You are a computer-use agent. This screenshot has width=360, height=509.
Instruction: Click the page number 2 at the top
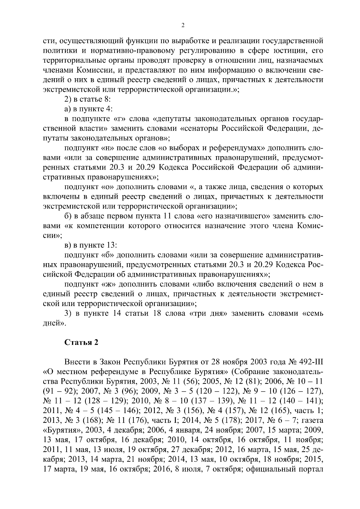click(183, 25)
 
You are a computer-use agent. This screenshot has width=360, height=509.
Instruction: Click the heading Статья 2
click(81, 343)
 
